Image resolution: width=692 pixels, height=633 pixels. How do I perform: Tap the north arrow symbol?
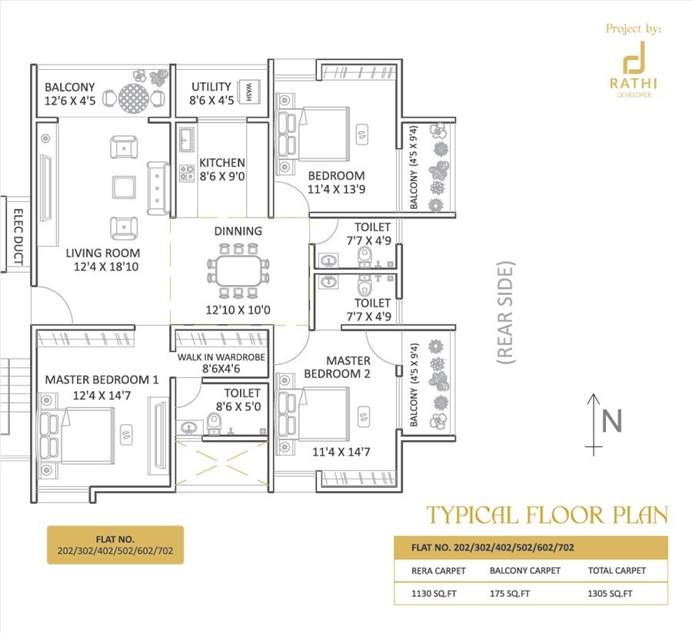point(593,423)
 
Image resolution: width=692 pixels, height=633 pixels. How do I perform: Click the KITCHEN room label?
point(222,163)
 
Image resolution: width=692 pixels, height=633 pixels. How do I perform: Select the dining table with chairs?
point(238,271)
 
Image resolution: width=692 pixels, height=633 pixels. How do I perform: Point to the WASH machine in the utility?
point(248,92)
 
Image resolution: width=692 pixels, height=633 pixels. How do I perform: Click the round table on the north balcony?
point(135,97)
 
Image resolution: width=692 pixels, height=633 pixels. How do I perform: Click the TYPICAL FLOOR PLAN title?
point(547,514)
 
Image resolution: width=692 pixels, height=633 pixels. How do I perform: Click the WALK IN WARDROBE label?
point(222,357)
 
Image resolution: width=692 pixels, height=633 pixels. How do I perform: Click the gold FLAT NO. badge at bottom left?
point(115,545)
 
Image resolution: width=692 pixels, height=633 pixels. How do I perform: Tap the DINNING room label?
point(238,230)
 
